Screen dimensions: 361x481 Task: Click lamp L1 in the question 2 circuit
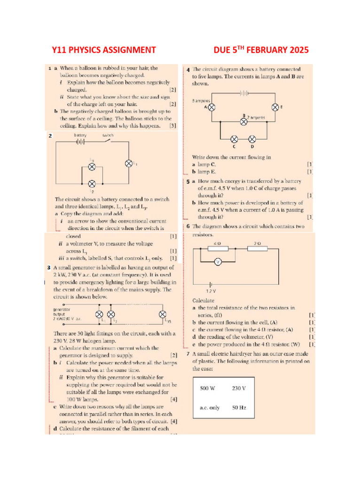pos(128,163)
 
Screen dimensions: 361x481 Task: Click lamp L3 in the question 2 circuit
pos(92,167)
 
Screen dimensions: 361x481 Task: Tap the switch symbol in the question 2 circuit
pos(108,140)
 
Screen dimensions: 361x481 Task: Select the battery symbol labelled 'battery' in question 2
pos(80,140)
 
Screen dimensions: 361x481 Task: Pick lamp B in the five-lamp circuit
pos(243,121)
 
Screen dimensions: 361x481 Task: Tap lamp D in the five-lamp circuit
pos(252,139)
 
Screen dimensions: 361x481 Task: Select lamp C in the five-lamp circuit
pos(235,139)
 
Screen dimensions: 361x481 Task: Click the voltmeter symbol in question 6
pos(218,262)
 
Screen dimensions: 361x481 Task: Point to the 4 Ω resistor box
pos(218,249)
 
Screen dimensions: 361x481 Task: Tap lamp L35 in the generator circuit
pos(163,314)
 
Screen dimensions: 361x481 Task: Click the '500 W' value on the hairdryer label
pos(207,388)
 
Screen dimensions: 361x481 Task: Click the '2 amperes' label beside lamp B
pos(256,117)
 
